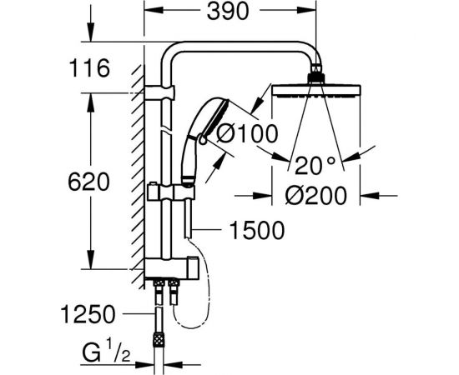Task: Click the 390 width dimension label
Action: click(x=228, y=12)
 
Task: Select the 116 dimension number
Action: click(x=89, y=68)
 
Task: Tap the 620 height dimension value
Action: click(x=88, y=182)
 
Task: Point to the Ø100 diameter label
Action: click(x=247, y=134)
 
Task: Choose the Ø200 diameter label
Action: click(x=315, y=196)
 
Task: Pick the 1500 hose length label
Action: click(x=257, y=230)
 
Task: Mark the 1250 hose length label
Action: click(x=88, y=314)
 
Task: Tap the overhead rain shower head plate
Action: click(x=316, y=90)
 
